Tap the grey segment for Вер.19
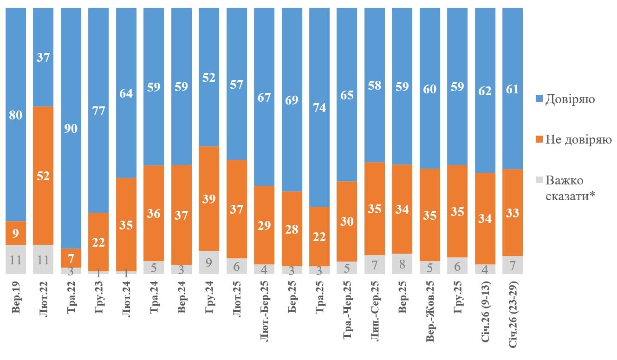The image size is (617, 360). coord(16,259)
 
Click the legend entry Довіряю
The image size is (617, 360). coord(570,99)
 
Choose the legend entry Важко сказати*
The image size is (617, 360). coord(570,188)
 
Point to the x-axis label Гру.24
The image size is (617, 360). coord(209,298)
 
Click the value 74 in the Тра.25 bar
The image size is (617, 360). coord(319,107)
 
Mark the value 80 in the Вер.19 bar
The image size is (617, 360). coord(16,115)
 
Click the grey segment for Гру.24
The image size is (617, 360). coord(209,262)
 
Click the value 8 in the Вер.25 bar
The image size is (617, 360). coord(402,264)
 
